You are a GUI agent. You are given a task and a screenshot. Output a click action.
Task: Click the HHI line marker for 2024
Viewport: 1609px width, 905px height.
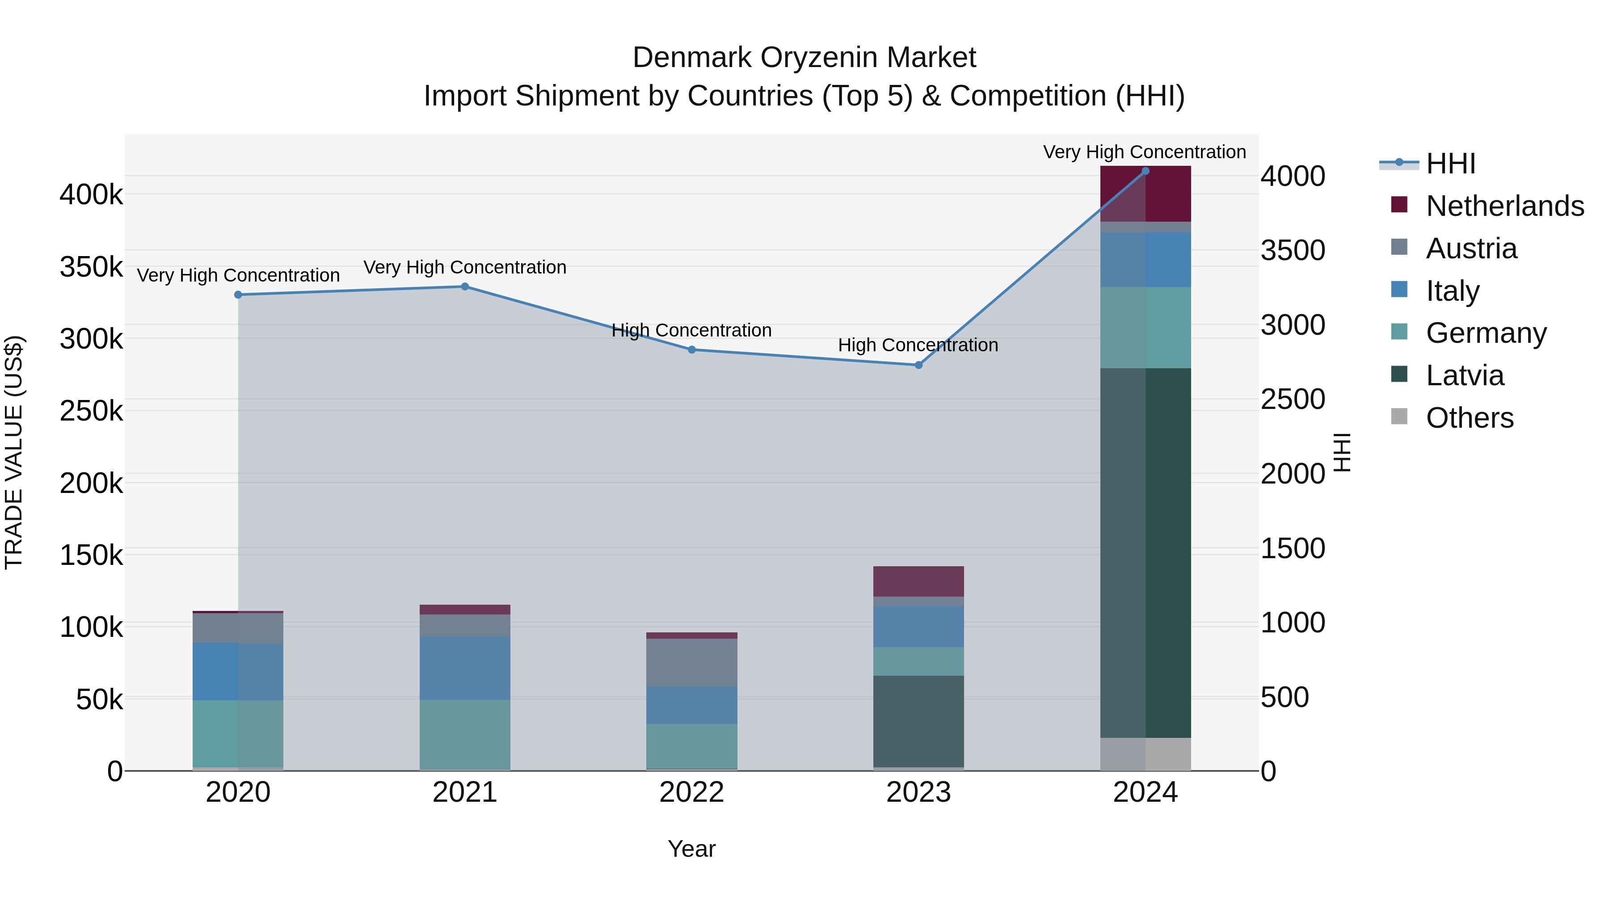pos(1145,171)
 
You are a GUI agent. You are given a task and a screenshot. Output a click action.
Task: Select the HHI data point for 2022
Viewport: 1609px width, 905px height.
pos(691,350)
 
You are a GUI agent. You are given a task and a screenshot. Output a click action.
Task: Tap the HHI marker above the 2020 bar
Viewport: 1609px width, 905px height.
pos(238,295)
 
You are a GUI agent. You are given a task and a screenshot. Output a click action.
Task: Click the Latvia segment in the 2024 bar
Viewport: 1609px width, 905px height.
pos(1145,553)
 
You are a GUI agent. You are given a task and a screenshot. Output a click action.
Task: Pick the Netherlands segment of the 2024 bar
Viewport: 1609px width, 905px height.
pos(1145,194)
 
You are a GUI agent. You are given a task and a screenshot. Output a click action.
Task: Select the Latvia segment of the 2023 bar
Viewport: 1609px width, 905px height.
pos(918,721)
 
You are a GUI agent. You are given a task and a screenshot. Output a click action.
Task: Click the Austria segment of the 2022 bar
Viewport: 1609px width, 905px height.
pos(691,662)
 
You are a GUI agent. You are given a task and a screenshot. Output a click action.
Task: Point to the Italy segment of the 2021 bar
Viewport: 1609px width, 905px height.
pos(465,668)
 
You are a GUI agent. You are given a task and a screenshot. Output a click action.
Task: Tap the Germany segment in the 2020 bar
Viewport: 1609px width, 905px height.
pos(238,733)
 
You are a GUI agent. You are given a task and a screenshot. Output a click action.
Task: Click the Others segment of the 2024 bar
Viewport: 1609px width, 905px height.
pos(1145,754)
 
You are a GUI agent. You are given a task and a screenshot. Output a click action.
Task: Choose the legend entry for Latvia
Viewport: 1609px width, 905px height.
pos(1464,375)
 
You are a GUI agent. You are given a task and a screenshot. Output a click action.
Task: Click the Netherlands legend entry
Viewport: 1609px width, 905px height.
pos(1504,206)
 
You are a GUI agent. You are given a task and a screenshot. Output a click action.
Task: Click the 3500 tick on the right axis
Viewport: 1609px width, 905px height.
pos(1292,250)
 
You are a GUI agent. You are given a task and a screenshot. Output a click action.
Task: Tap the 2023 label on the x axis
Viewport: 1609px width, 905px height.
pos(918,792)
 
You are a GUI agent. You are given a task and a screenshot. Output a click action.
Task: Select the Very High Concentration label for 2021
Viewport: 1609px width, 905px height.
pos(465,267)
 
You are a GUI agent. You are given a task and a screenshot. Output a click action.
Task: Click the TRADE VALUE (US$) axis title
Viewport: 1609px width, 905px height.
pos(14,452)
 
